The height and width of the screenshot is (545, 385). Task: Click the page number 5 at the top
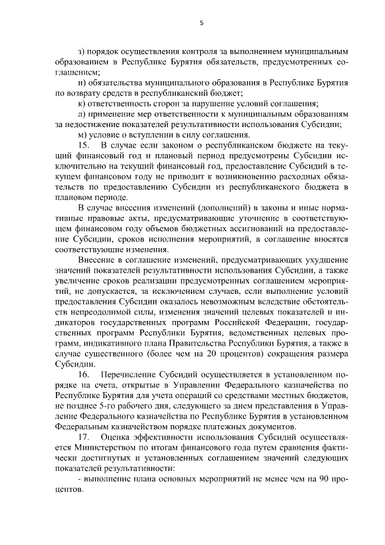coord(202,23)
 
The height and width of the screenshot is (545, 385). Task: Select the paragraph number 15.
coord(85,145)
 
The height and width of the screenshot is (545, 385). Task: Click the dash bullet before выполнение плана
coord(81,479)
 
